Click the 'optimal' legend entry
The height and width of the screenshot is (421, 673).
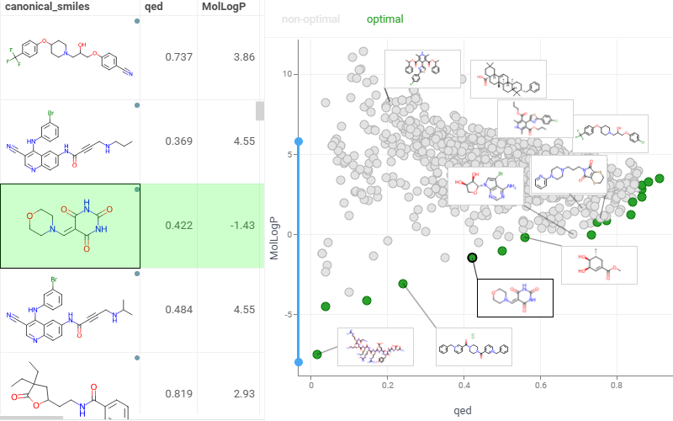tap(385, 19)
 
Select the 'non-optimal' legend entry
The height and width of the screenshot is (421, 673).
tap(312, 19)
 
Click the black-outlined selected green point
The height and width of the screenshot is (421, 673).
tap(472, 258)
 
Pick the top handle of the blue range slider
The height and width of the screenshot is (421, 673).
tap(298, 141)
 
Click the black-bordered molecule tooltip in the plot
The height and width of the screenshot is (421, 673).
tap(515, 298)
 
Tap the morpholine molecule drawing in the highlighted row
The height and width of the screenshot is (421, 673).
tap(71, 226)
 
